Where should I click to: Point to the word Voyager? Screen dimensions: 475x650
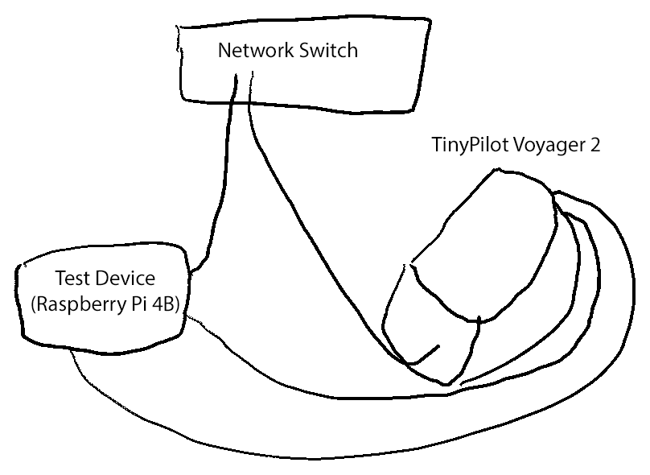pos(546,147)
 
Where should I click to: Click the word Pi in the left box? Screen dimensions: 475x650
pos(133,305)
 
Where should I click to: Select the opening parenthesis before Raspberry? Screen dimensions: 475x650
pos(32,306)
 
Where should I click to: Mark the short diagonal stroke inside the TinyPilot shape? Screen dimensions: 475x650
pos(426,355)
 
